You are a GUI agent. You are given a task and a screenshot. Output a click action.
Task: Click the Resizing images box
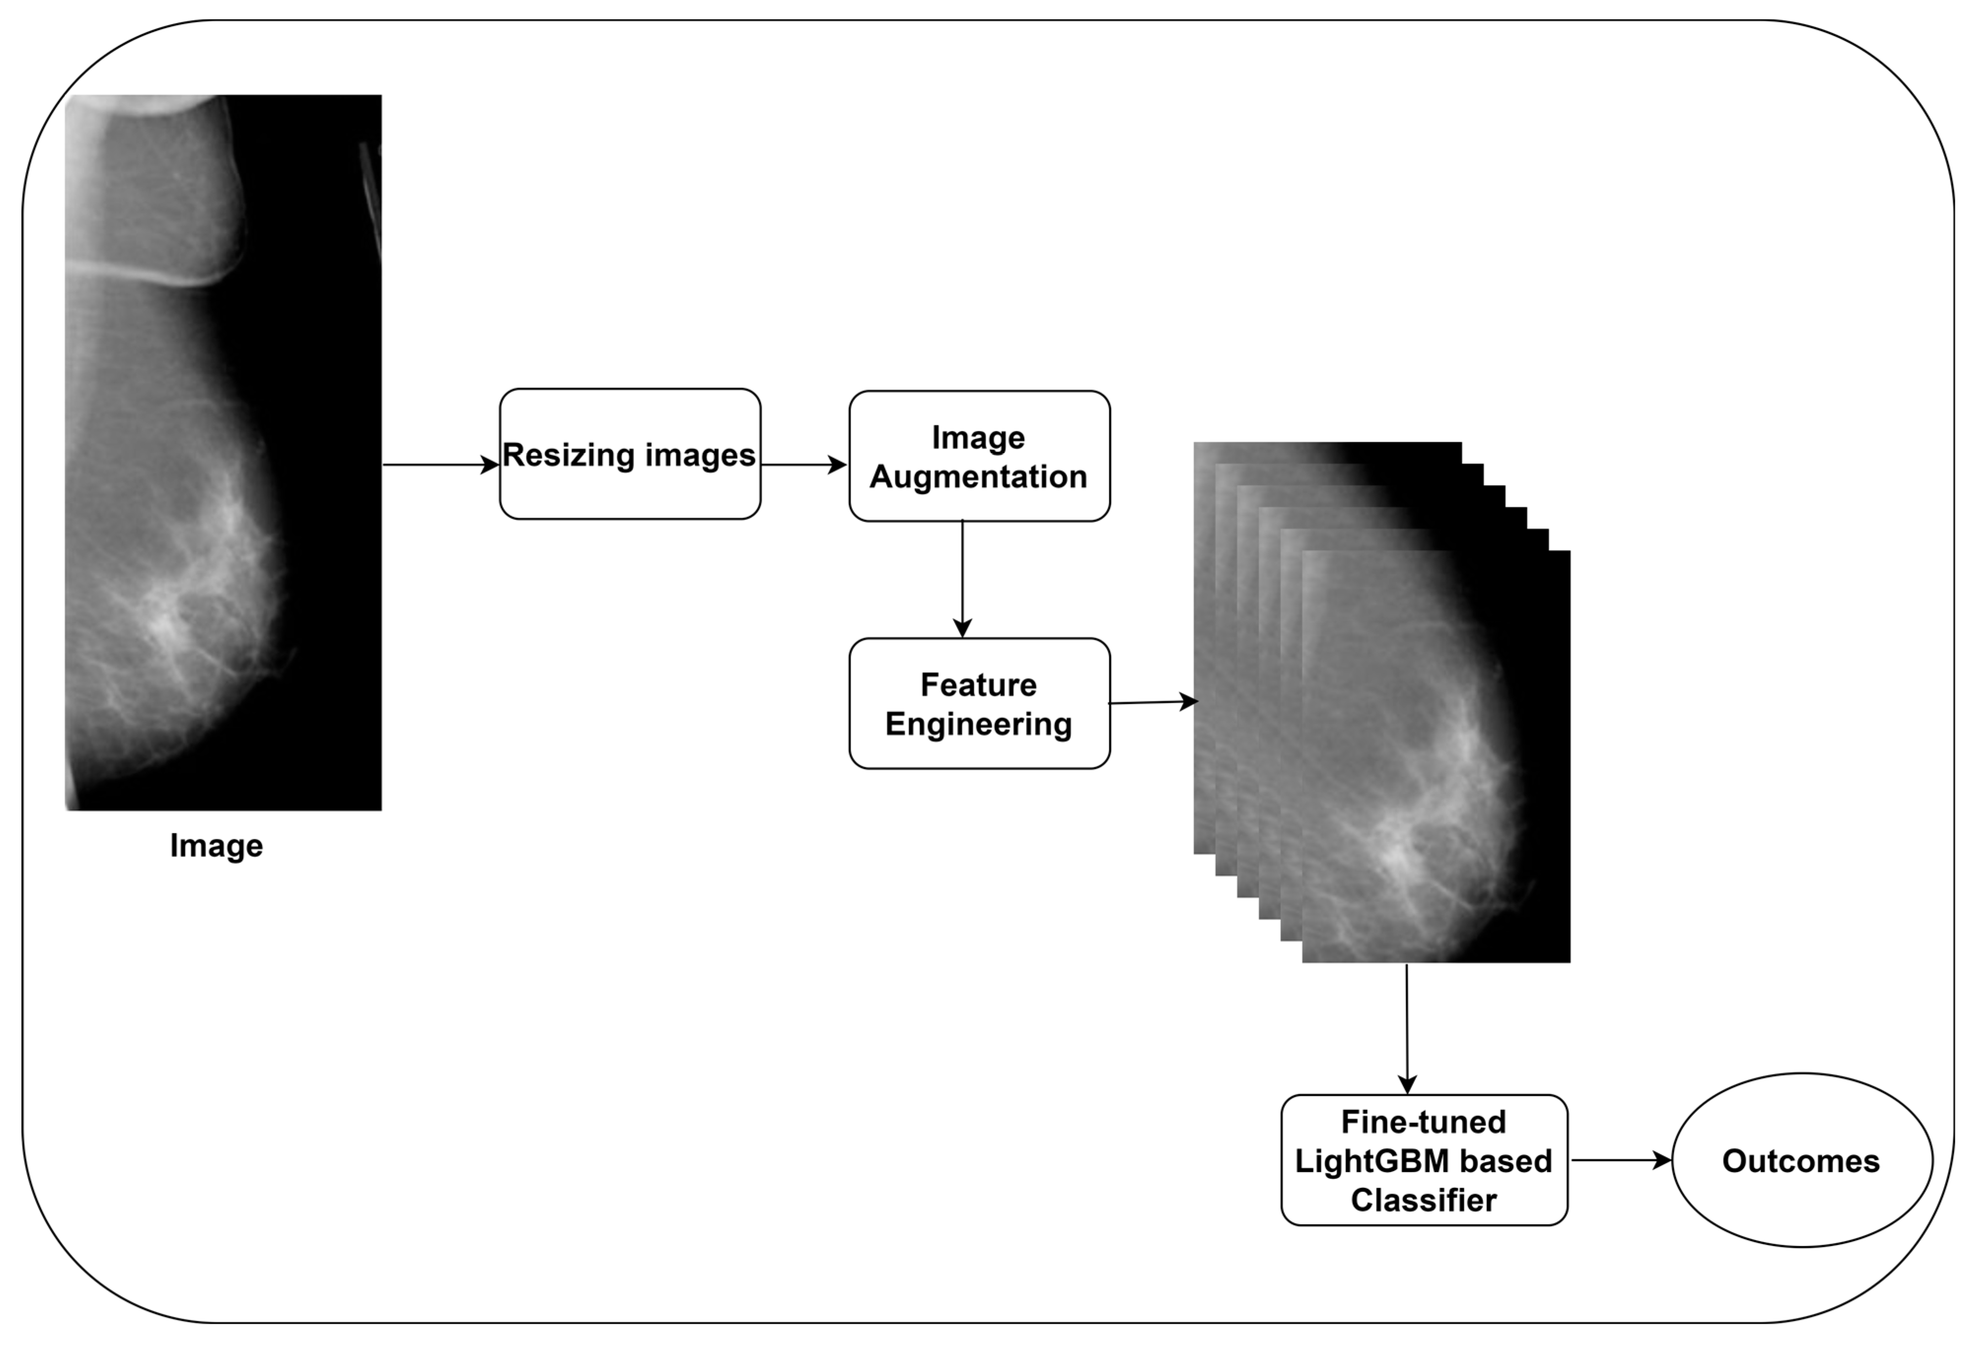pyautogui.click(x=630, y=453)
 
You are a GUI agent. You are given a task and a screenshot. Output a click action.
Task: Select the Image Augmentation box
pyautogui.click(x=979, y=456)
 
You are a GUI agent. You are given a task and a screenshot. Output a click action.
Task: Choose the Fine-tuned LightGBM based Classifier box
pyautogui.click(x=1424, y=1160)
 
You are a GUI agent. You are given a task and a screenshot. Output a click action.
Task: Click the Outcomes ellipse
pyautogui.click(x=1801, y=1160)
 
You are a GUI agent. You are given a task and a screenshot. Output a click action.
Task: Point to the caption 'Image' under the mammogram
pyautogui.click(x=216, y=846)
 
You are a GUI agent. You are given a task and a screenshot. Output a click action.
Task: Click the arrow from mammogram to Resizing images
pyautogui.click(x=440, y=465)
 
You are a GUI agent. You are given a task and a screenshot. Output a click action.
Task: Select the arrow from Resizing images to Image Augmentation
pyautogui.click(x=803, y=465)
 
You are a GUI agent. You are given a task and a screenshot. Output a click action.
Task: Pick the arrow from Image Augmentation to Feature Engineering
pyautogui.click(x=962, y=578)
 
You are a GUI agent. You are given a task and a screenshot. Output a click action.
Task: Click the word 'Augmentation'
pyautogui.click(x=979, y=477)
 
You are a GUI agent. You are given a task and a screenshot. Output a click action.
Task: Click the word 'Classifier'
pyautogui.click(x=1424, y=1200)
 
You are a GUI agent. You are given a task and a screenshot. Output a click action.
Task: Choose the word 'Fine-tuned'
pyautogui.click(x=1424, y=1122)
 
